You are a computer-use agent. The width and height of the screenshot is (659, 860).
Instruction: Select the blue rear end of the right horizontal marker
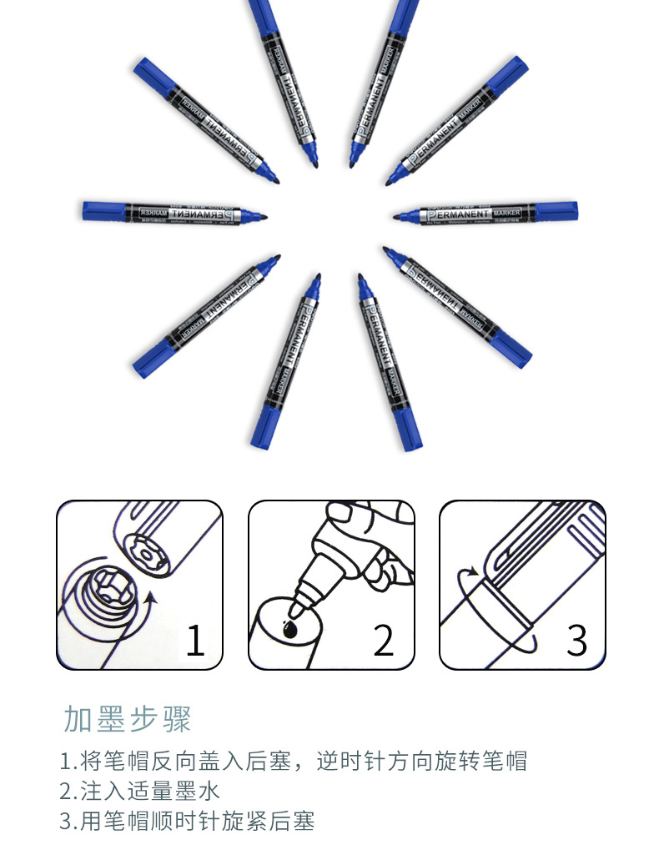click(556, 210)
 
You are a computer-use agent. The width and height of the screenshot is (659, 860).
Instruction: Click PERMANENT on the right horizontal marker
click(457, 214)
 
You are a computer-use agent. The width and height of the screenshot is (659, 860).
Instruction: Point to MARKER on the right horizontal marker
click(506, 213)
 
